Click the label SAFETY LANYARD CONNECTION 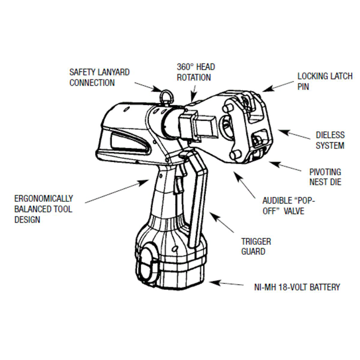coord(99,77)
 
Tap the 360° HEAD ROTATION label coord(195,72)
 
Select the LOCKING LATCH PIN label coord(324,81)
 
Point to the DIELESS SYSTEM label coord(330,140)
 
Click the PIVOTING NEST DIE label coord(325,177)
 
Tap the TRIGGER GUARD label coord(256,246)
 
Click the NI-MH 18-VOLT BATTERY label coord(297,287)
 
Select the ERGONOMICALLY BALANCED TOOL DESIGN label coord(43,209)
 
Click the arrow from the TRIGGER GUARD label coord(222,223)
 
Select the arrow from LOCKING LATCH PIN coord(278,86)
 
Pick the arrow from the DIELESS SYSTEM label coord(294,135)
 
